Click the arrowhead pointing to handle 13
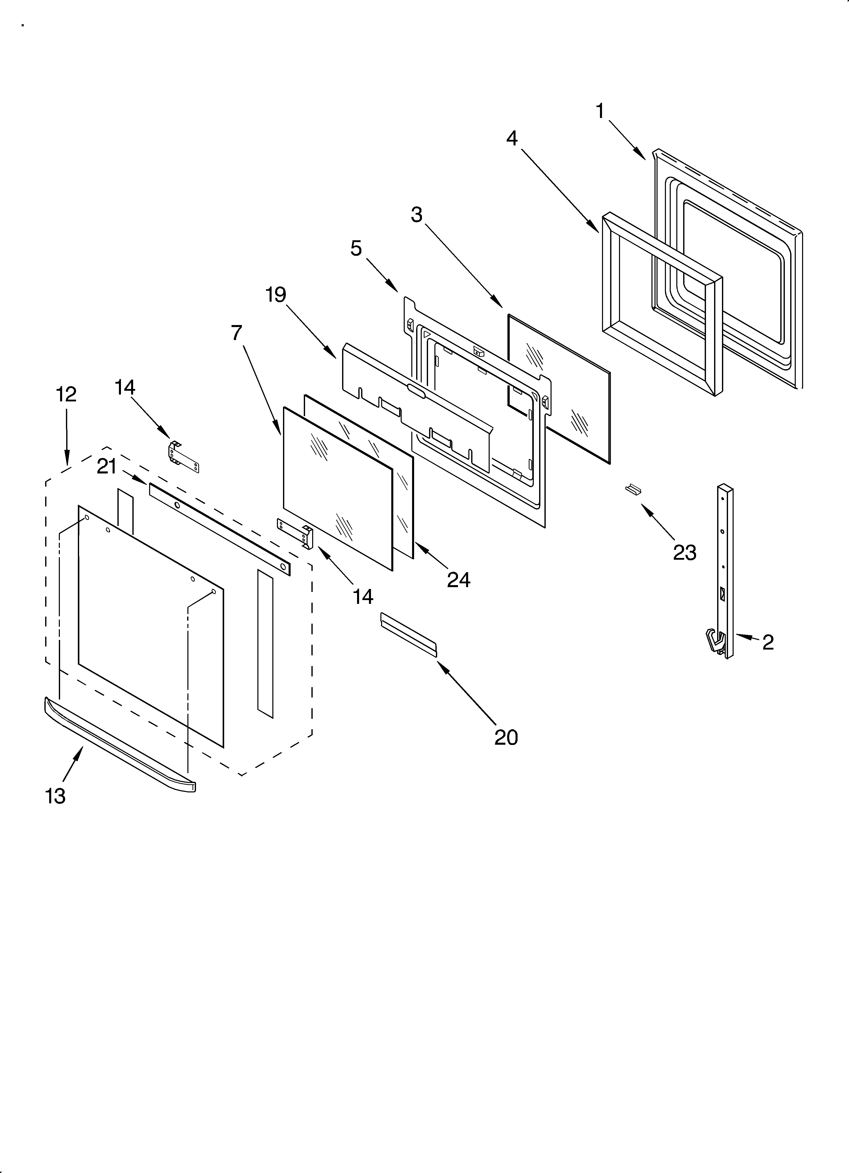pos(79,753)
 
